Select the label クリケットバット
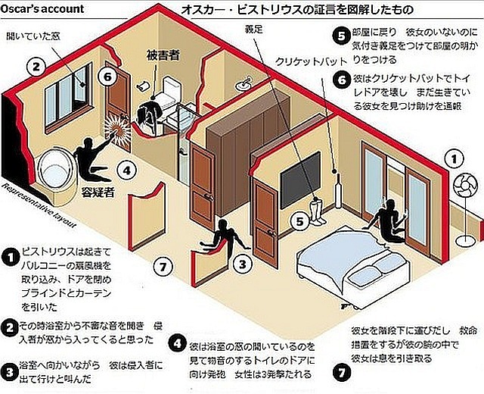[307, 61]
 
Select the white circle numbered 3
[240, 264]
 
